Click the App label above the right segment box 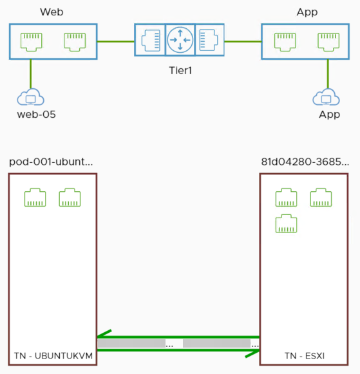click(x=307, y=12)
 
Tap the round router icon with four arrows click(x=180, y=41)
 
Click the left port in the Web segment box click(x=31, y=41)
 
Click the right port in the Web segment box click(x=74, y=41)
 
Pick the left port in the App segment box click(x=285, y=41)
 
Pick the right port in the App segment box click(x=328, y=41)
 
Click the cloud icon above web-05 click(x=30, y=98)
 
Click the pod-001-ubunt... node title click(x=51, y=161)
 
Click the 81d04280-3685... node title click(x=305, y=161)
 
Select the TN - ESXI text click(x=305, y=355)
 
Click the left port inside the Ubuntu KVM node click(x=35, y=198)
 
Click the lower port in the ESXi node click(x=286, y=223)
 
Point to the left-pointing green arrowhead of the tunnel click(x=103, y=335)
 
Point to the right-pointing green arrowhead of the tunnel click(x=252, y=351)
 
